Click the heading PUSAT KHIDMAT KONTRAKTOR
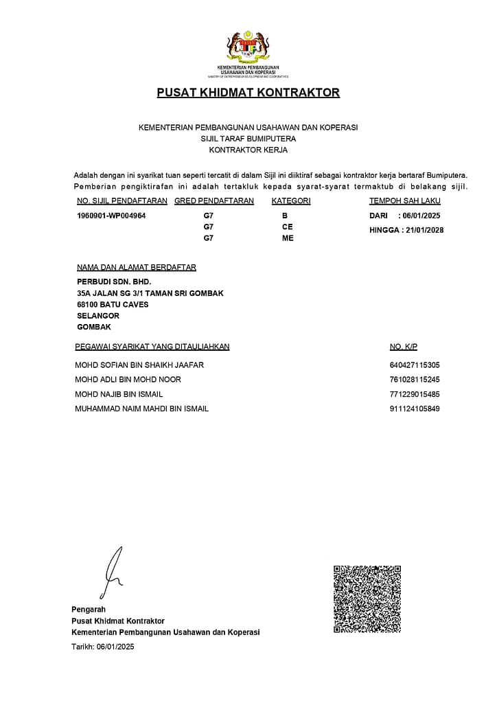tap(248, 93)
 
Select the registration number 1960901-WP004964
tap(111, 216)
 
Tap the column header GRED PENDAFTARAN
tap(214, 201)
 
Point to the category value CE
tap(287, 227)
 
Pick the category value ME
tap(287, 238)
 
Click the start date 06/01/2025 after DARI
tap(421, 216)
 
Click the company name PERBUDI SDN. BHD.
tap(114, 281)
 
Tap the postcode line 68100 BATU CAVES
tap(113, 304)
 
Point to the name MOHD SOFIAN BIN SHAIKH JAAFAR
tap(139, 365)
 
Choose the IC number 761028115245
tap(415, 380)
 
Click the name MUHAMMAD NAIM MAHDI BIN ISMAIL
tap(141, 408)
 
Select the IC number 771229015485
tap(415, 394)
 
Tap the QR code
tap(367, 599)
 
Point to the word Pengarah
tap(89, 610)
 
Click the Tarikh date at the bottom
tap(115, 647)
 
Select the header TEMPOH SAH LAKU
tap(405, 201)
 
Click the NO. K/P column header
tap(404, 347)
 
